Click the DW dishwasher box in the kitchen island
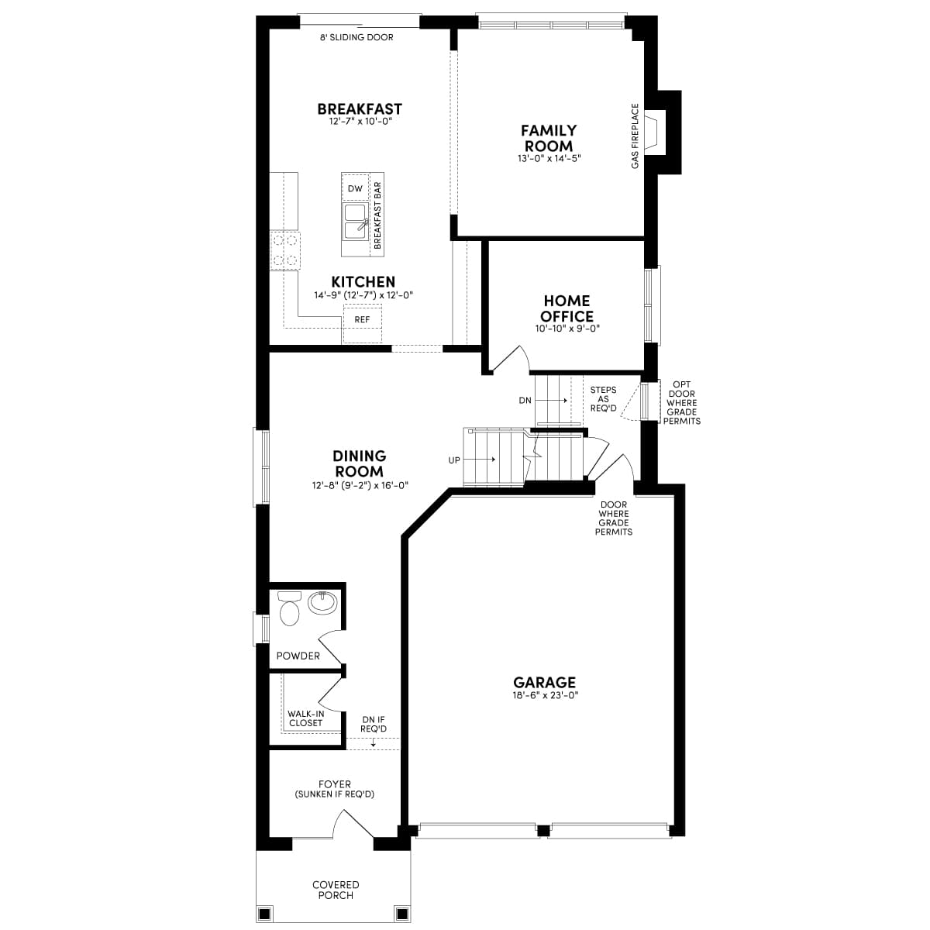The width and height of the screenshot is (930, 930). click(x=355, y=188)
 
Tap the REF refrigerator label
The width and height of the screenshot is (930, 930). click(x=362, y=319)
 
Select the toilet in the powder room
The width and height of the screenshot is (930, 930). click(x=289, y=608)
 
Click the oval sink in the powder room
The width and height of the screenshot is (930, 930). click(x=322, y=602)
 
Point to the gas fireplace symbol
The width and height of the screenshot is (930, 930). click(x=656, y=133)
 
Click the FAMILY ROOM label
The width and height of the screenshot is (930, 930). click(x=549, y=138)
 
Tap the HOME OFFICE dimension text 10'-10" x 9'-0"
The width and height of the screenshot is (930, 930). click(x=567, y=329)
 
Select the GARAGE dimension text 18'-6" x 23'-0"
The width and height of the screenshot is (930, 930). click(x=544, y=695)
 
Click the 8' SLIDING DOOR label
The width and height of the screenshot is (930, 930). click(x=356, y=37)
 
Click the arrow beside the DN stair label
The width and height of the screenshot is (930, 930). click(x=552, y=401)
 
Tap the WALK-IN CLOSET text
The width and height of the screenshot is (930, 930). click(x=305, y=718)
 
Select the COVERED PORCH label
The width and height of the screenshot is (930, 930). click(x=336, y=890)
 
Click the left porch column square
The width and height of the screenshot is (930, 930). click(x=264, y=912)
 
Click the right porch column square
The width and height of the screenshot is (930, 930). click(x=401, y=912)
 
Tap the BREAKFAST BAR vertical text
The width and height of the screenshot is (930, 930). click(x=378, y=215)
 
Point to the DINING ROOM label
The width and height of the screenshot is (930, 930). click(x=360, y=463)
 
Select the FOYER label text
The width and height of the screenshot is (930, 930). click(x=335, y=784)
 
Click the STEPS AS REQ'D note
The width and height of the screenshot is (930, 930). click(x=603, y=399)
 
